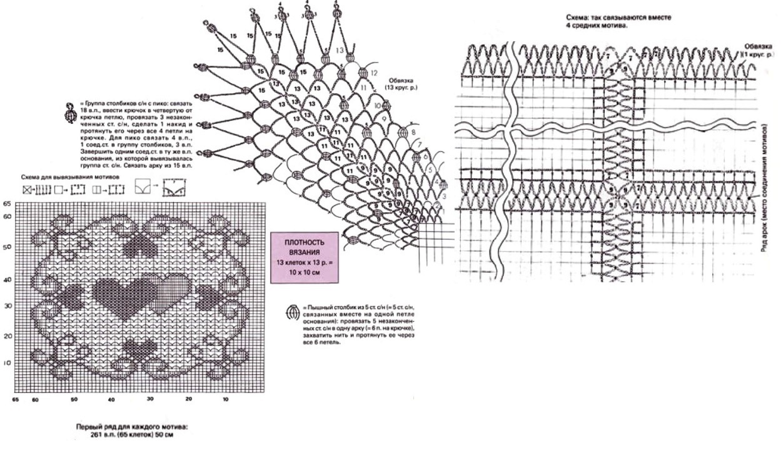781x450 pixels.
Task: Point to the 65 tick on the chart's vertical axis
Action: pos(8,204)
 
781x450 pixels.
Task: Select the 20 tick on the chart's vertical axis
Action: pos(8,335)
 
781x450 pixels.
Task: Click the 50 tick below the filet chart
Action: pos(74,399)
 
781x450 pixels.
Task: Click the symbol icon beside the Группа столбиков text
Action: pos(71,113)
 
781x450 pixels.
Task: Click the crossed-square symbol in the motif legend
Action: pos(26,188)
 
